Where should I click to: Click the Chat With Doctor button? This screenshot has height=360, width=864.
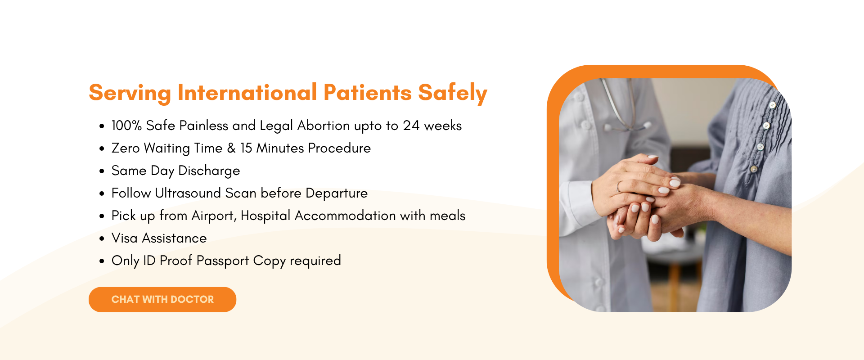[x=162, y=299]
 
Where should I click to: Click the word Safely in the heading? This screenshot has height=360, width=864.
[x=452, y=93]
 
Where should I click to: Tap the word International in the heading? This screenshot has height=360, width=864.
[x=247, y=92]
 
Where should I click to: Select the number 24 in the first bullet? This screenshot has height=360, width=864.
[x=411, y=126]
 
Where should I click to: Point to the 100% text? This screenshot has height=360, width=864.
[x=126, y=126]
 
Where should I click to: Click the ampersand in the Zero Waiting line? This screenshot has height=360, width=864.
[x=231, y=148]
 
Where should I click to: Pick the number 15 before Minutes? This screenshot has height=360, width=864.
[x=246, y=148]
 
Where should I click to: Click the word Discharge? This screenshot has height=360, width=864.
[x=209, y=171]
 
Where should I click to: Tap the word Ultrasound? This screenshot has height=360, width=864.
[x=188, y=193]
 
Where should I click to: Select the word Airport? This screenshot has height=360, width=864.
[x=213, y=216]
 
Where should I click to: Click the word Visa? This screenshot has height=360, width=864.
[x=124, y=238]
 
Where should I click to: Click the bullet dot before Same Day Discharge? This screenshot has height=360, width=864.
[x=102, y=171]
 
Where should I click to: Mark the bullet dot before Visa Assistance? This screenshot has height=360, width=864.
[x=102, y=239]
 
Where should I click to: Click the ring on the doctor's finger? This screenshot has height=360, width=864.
[x=619, y=187]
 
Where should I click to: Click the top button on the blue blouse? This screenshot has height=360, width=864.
[x=772, y=105]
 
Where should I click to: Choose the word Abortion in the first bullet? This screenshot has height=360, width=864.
[x=324, y=126]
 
